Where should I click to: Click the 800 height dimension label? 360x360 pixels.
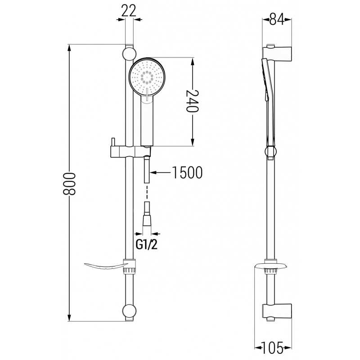tap(69, 183)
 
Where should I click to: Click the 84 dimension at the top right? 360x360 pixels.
tap(276, 20)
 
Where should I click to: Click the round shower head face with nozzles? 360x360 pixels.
tap(147, 77)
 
